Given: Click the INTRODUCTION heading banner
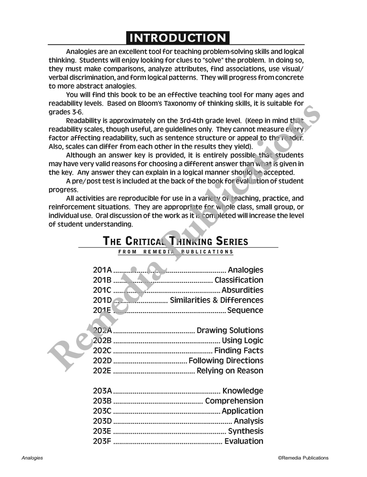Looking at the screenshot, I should [178, 38].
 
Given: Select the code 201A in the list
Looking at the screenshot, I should [102, 270].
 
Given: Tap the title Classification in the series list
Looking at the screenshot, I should [239, 280].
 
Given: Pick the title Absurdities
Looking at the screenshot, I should [243, 290].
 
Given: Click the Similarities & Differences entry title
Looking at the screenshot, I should [217, 300].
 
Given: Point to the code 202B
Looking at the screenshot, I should [102, 341].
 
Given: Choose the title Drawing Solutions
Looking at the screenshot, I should [230, 331].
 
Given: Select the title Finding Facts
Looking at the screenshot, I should [239, 351].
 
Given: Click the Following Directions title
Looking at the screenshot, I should [226, 361].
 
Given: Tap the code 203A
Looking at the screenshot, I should [102, 391].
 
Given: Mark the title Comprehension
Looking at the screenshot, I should [234, 401].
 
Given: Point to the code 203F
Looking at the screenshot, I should [102, 441].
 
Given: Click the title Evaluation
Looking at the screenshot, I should [244, 441].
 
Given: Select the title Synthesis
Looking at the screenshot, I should [246, 432].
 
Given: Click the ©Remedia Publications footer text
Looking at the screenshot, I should [303, 458].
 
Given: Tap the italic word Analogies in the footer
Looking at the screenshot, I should [32, 458].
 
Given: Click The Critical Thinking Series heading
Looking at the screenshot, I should [175, 241].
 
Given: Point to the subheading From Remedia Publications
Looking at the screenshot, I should [176, 252].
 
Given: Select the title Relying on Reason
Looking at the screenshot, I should [230, 371].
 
